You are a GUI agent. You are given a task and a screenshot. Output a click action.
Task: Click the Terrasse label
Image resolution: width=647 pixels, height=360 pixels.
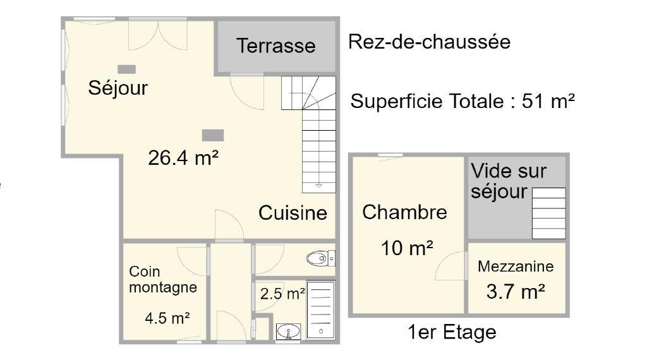pos(275,45)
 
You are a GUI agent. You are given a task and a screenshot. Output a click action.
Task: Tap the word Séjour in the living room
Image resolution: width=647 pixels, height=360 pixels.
pos(118,87)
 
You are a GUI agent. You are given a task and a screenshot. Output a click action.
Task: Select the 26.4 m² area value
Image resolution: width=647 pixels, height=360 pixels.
pos(183,157)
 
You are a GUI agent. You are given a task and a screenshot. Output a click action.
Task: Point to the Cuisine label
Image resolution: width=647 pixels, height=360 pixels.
pos(293,213)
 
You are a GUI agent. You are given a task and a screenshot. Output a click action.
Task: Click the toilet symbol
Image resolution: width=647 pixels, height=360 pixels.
pos(320,258)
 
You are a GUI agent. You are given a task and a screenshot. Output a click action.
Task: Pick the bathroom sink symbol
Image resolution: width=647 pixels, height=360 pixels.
pos(288,332)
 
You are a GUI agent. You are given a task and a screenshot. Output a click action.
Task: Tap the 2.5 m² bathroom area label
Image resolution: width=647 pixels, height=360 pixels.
pos(282,294)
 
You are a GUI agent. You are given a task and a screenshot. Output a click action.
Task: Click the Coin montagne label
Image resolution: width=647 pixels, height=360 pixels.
pos(163,280)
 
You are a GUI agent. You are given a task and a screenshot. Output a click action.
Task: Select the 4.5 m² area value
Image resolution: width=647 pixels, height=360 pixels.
pos(167,318)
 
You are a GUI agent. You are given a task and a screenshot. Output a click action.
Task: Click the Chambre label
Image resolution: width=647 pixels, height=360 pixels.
pos(404,212)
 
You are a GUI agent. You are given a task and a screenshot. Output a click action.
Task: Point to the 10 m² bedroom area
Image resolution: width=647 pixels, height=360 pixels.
pos(407,248)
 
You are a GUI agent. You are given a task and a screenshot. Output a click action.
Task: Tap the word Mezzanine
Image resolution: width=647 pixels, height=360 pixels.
pos(516,267)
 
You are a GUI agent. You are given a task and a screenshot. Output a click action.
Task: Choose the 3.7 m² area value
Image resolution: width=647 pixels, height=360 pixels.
pos(516,292)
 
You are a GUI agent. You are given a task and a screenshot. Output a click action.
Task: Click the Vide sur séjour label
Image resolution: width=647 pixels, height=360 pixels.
pos(509,181)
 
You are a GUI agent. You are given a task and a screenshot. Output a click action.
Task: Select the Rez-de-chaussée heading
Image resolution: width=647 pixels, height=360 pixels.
pos(429,42)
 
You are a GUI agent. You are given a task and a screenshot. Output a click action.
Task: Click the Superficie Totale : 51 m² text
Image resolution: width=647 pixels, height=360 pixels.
pos(463,101)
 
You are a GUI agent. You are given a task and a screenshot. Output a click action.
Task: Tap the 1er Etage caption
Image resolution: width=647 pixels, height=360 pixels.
pos(452,332)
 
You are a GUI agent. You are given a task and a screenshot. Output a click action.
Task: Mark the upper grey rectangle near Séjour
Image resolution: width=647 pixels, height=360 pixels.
pos(126,69)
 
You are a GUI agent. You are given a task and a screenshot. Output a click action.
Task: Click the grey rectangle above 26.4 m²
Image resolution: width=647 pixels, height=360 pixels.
pos(213,135)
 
